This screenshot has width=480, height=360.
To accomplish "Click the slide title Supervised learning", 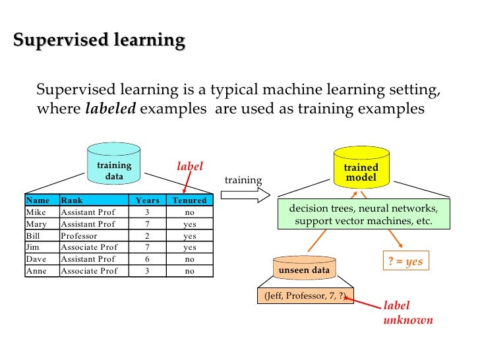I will tap(99, 41).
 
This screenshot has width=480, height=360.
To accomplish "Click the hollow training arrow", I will tap(245, 195).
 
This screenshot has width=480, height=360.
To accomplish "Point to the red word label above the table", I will tap(189, 167).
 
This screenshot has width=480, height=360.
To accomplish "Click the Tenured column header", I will tap(189, 200).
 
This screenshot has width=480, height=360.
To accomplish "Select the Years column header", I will tap(147, 200).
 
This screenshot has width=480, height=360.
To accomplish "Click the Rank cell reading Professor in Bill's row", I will tap(79, 236).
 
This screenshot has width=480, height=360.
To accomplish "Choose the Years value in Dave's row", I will tap(147, 259).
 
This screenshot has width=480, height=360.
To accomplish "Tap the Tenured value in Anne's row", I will tap(189, 271).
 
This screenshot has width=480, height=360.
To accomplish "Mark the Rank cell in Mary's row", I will tap(88, 224).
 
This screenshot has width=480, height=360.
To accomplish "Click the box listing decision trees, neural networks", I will tap(363, 215).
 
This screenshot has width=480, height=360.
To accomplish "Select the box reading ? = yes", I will tap(404, 262).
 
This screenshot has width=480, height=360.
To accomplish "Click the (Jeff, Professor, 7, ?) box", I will tap(305, 296).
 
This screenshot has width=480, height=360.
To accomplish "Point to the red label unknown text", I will tap(407, 313).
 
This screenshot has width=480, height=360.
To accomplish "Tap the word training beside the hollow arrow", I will tap(243, 181).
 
